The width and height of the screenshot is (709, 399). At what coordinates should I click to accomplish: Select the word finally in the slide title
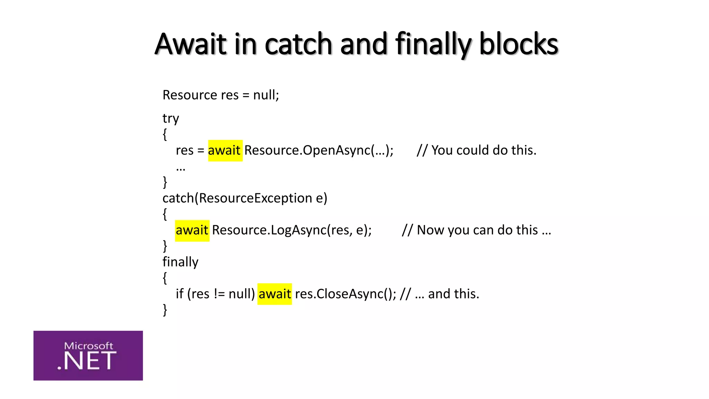coord(433,44)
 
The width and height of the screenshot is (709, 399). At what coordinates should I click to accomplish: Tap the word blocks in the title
coord(518,44)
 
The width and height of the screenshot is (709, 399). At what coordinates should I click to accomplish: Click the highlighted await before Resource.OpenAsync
coord(225,150)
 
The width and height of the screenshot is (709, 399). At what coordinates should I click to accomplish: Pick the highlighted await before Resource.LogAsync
coord(192,230)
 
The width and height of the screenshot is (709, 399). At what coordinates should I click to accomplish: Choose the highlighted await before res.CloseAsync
coord(275,294)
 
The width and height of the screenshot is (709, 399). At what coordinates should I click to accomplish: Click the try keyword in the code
coord(171,119)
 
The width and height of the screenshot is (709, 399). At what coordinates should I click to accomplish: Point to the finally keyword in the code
coord(180,262)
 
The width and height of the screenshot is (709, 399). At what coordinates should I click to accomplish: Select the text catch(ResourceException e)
coord(245,198)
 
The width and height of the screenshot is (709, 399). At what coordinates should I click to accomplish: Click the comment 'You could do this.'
coord(477,150)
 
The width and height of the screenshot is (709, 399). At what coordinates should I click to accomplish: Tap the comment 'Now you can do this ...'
coord(476,230)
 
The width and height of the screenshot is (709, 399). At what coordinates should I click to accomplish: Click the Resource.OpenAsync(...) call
coord(318,150)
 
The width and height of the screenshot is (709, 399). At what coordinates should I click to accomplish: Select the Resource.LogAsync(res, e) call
coord(291,230)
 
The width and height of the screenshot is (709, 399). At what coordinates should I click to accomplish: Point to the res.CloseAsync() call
coord(345,294)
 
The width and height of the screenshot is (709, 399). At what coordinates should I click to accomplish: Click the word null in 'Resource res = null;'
coord(264,95)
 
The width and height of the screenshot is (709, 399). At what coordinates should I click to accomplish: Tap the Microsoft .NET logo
coord(88,355)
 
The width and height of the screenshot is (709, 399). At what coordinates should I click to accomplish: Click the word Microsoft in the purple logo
coord(89,346)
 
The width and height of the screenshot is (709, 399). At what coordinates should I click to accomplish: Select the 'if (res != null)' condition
coord(215,294)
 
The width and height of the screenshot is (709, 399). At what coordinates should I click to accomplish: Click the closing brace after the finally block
coord(165,309)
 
